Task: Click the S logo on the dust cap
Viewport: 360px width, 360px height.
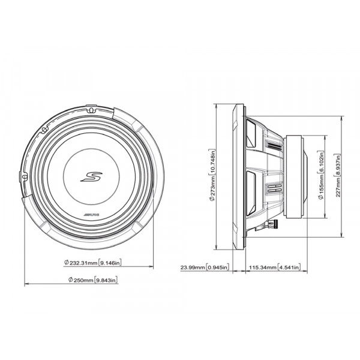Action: (91, 177)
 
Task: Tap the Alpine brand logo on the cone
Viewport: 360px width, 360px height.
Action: (91, 215)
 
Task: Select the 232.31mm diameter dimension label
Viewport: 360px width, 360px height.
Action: (93, 263)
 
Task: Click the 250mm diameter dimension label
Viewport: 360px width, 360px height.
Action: (93, 280)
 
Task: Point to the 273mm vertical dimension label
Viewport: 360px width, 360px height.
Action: (212, 175)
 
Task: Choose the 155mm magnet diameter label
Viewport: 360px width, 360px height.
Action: (321, 175)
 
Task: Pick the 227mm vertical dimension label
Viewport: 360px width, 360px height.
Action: (338, 175)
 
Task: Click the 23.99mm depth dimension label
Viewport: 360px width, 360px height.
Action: (205, 267)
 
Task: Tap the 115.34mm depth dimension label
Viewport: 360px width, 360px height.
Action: (275, 267)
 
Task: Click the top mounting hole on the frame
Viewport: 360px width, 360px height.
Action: (91, 110)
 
